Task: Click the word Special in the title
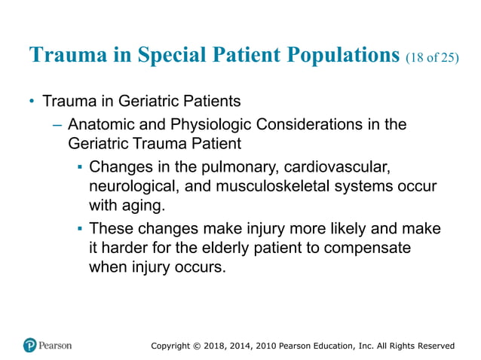click(x=156, y=56)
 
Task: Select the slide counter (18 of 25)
click(x=431, y=58)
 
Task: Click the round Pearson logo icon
click(x=30, y=345)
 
